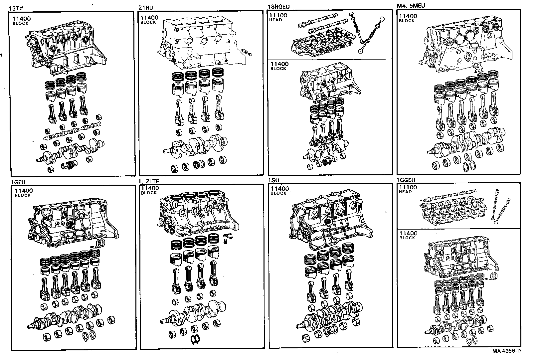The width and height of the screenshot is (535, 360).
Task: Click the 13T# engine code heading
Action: click(x=15, y=8)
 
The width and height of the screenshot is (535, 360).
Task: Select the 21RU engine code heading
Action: click(x=146, y=8)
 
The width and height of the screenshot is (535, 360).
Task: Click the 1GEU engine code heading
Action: click(x=18, y=182)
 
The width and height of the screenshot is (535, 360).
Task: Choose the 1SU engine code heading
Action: click(x=274, y=180)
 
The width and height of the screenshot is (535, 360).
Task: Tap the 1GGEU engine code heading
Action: click(x=406, y=180)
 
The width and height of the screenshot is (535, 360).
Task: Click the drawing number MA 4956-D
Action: click(x=506, y=351)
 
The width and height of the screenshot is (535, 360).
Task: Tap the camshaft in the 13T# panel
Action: click(x=72, y=133)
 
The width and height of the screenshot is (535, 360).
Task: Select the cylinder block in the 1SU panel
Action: click(x=329, y=223)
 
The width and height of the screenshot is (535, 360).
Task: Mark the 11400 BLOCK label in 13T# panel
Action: click(x=21, y=21)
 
